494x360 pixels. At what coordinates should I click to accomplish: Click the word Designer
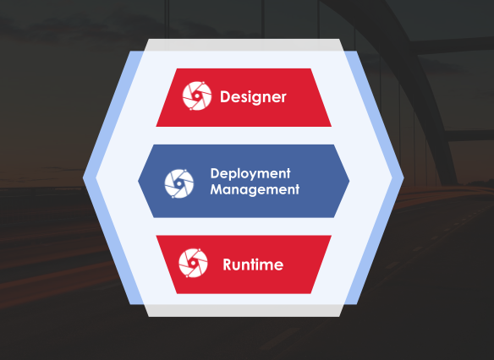tap(253, 97)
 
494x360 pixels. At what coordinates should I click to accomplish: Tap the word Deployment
tap(250, 174)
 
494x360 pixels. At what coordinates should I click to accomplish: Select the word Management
tap(255, 189)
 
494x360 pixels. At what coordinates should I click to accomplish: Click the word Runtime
tap(253, 265)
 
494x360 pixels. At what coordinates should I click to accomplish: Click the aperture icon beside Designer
tap(197, 96)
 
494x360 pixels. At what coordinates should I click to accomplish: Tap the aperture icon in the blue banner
tap(179, 183)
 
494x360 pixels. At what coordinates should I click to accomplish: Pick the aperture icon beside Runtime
tap(193, 263)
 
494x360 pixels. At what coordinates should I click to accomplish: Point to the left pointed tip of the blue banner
tap(139, 181)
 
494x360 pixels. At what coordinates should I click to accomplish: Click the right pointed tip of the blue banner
tap(349, 181)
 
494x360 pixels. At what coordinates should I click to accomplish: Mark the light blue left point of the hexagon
tap(84, 177)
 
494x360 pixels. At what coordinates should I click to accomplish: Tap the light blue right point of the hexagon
tap(403, 177)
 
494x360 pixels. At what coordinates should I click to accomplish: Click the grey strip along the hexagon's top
tap(244, 45)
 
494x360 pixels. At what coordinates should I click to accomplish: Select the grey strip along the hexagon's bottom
tap(244, 311)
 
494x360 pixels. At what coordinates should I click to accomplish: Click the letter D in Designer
tap(224, 96)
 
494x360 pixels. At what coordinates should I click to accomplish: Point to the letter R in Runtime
tap(227, 265)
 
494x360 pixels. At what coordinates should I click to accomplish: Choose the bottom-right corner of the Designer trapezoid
tap(332, 127)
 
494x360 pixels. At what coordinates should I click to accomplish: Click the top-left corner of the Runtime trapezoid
tap(156, 236)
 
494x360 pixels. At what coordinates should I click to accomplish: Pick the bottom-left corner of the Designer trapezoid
tap(156, 127)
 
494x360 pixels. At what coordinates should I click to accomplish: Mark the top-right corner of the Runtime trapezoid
tap(332, 236)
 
